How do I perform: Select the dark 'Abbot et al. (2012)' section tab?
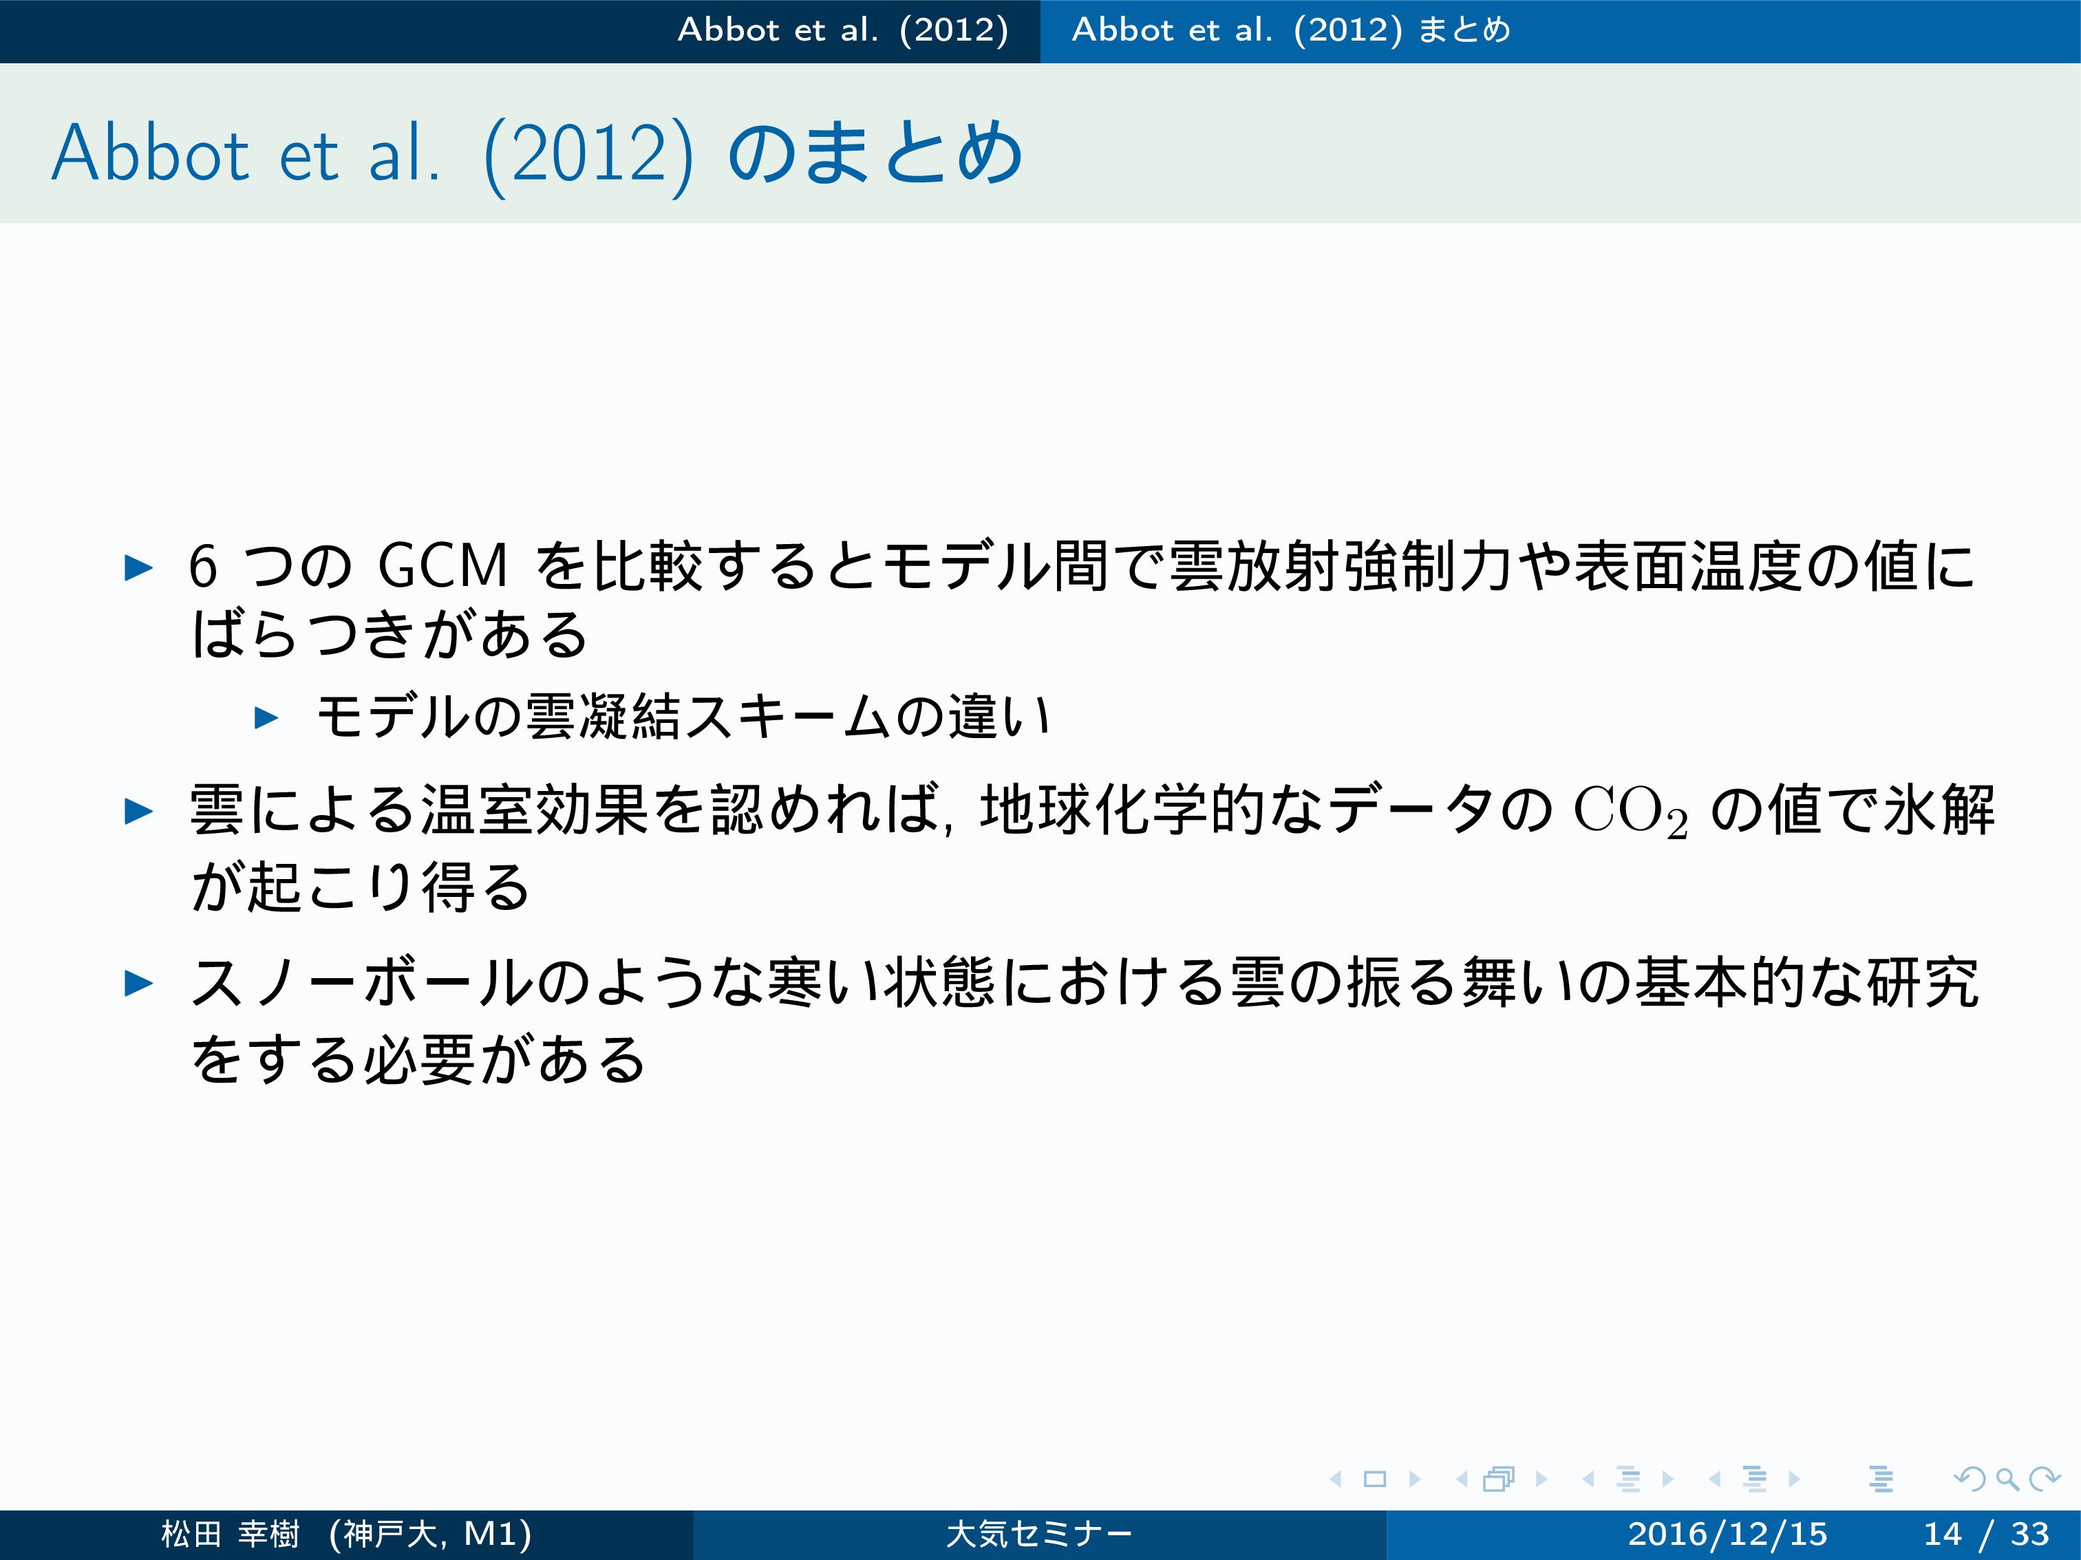843,30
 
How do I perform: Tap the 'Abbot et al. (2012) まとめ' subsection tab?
1291,30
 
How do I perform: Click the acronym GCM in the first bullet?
442,566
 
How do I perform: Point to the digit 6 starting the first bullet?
203,566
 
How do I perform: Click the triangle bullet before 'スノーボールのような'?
139,984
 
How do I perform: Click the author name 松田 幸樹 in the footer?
231,1534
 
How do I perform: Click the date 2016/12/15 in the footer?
1727,1534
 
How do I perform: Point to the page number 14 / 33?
1986,1534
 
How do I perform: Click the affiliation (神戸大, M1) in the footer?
431,1534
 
